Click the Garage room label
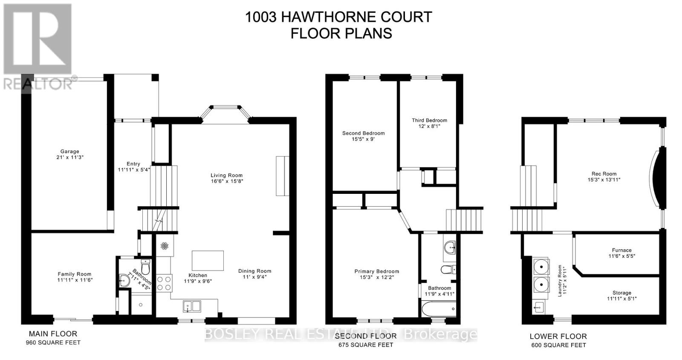pos(69,151)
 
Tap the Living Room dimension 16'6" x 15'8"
pos(226,181)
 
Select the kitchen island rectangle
pos(208,260)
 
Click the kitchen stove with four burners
pos(164,283)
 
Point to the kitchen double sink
pos(192,306)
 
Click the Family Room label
pos(75,274)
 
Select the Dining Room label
pos(254,271)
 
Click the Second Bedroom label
pos(363,133)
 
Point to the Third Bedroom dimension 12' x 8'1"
pos(429,126)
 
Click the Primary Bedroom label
pos(376,271)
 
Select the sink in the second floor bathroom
pos(449,247)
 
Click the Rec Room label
pos(604,174)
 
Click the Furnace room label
pos(621,251)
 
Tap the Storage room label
pos(621,293)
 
